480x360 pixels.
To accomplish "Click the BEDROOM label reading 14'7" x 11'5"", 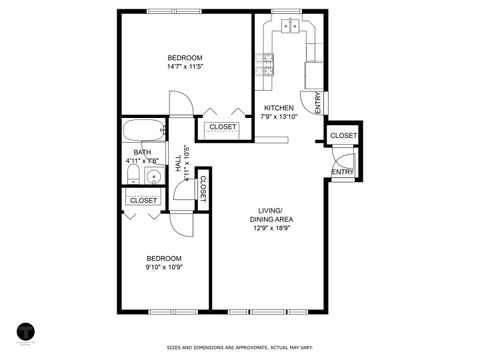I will click(x=185, y=62).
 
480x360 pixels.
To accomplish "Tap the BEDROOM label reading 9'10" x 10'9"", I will click(x=164, y=263).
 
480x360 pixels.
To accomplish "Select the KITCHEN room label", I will click(x=279, y=112).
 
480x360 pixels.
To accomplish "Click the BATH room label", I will click(x=143, y=156).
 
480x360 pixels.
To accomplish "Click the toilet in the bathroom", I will click(x=133, y=176).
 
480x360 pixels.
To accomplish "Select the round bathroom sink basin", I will click(x=153, y=177).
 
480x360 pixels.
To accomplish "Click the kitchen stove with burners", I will click(x=267, y=65).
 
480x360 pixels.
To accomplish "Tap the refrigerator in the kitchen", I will click(x=314, y=74).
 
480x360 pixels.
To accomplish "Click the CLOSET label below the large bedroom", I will click(x=222, y=127).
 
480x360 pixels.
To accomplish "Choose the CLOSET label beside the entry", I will click(x=343, y=135).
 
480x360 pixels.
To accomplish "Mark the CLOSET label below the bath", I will click(x=144, y=200).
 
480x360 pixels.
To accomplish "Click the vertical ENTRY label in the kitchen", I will click(x=318, y=103).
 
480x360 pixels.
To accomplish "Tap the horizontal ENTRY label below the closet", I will click(x=343, y=171).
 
